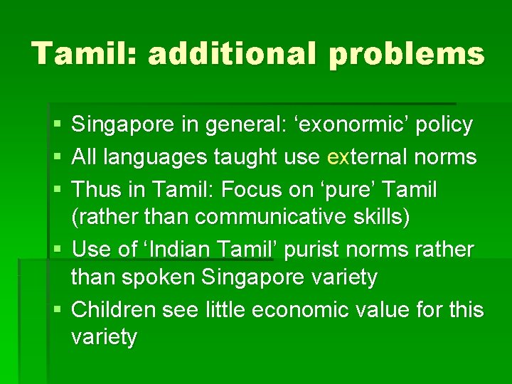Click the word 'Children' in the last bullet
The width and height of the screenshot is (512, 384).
114,310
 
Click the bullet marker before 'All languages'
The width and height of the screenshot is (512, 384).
58,158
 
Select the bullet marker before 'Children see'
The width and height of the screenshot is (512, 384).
58,310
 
